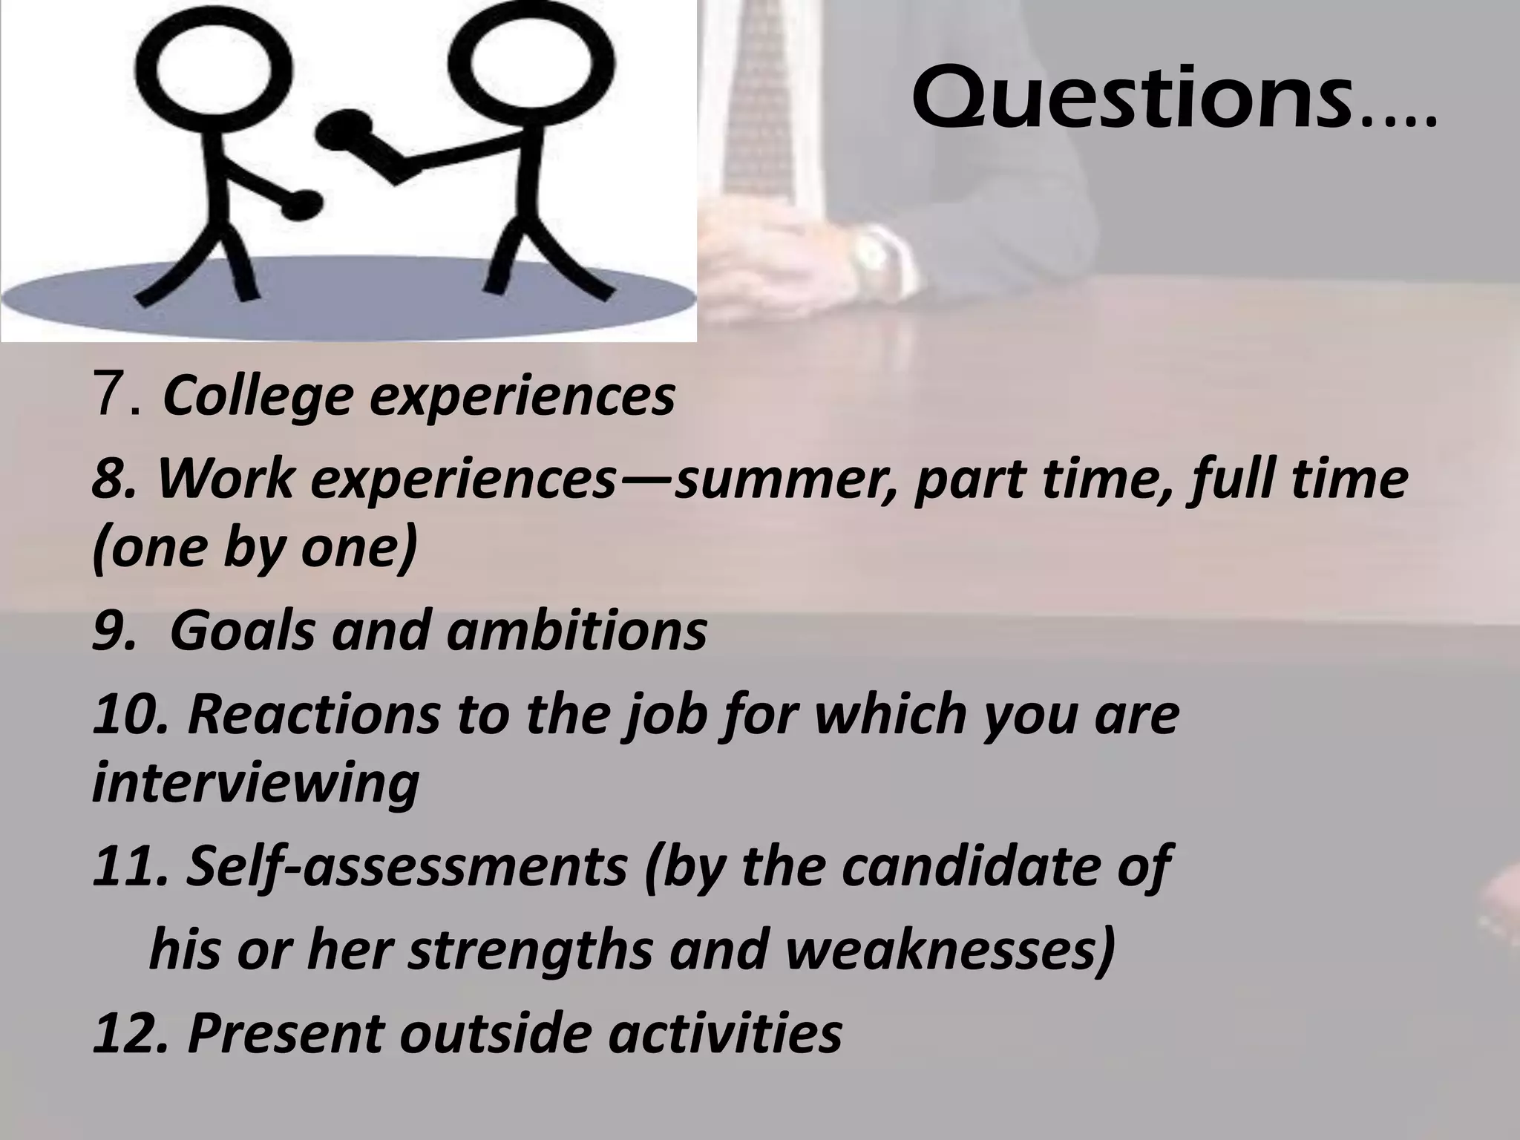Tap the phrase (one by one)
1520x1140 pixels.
tap(255, 549)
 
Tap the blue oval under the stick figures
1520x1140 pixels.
tap(349, 300)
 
